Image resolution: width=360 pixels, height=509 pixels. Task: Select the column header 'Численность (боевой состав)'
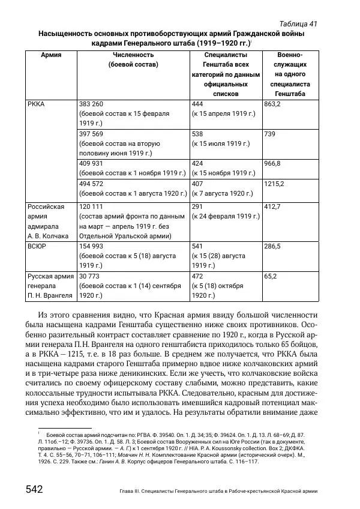coord(133,59)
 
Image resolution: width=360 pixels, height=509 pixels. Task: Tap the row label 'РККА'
coord(37,104)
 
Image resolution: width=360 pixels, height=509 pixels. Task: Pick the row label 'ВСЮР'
coord(37,246)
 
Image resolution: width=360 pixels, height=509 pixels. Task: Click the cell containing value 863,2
coord(273,104)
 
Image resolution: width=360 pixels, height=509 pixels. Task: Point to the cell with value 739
coord(269,134)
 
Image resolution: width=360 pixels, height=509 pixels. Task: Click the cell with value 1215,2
coord(274,184)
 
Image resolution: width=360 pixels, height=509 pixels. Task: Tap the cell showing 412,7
coord(273,206)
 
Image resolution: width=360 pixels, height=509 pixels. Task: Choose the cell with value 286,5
coord(273,246)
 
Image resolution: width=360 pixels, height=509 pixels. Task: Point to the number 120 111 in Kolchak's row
coord(91,206)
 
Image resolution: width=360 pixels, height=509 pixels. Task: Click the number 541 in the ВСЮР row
coord(197,246)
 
